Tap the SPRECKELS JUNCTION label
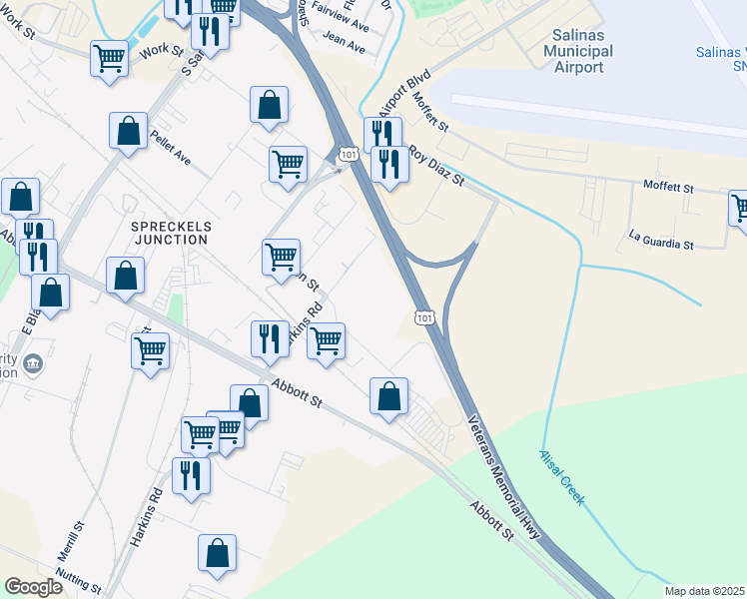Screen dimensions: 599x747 click(x=170, y=233)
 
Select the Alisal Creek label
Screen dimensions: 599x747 click(x=561, y=476)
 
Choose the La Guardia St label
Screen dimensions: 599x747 click(x=660, y=243)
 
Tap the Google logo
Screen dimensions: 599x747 click(x=33, y=587)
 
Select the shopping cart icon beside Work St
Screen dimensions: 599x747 click(x=109, y=57)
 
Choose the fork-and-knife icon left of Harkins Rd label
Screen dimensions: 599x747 click(x=268, y=337)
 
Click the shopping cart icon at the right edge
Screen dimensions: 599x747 click(x=740, y=208)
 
